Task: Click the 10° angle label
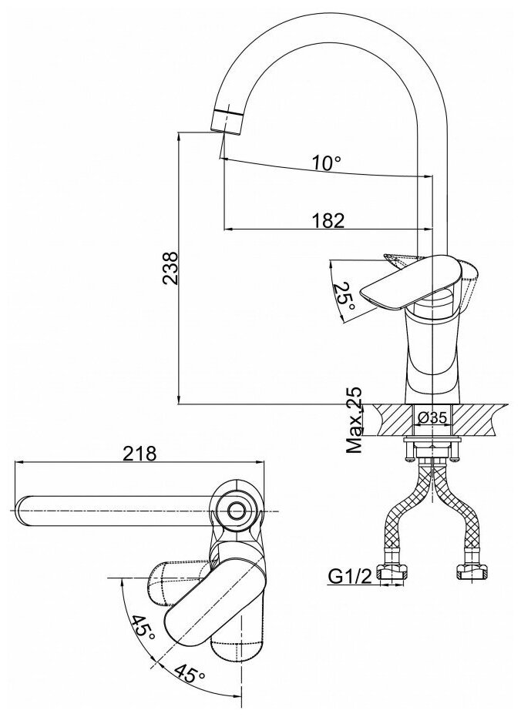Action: point(326,163)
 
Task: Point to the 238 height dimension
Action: point(170,268)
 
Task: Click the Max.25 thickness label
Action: point(355,420)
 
